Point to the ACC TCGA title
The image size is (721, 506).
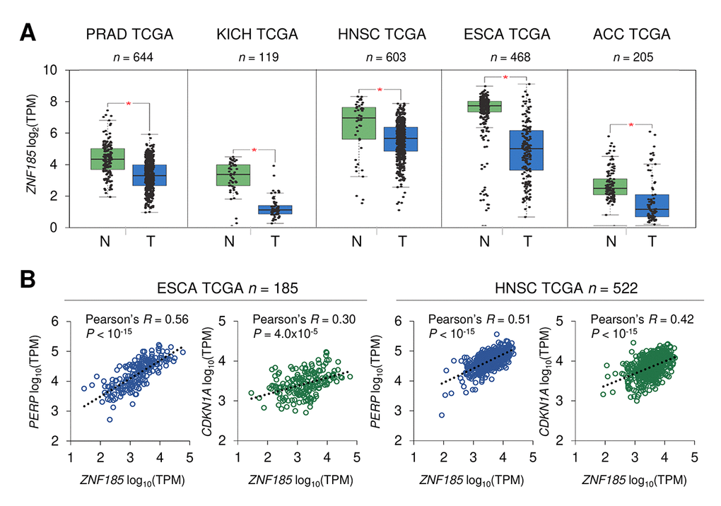631,34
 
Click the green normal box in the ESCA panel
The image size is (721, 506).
484,106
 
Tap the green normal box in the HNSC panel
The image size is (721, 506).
358,123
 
